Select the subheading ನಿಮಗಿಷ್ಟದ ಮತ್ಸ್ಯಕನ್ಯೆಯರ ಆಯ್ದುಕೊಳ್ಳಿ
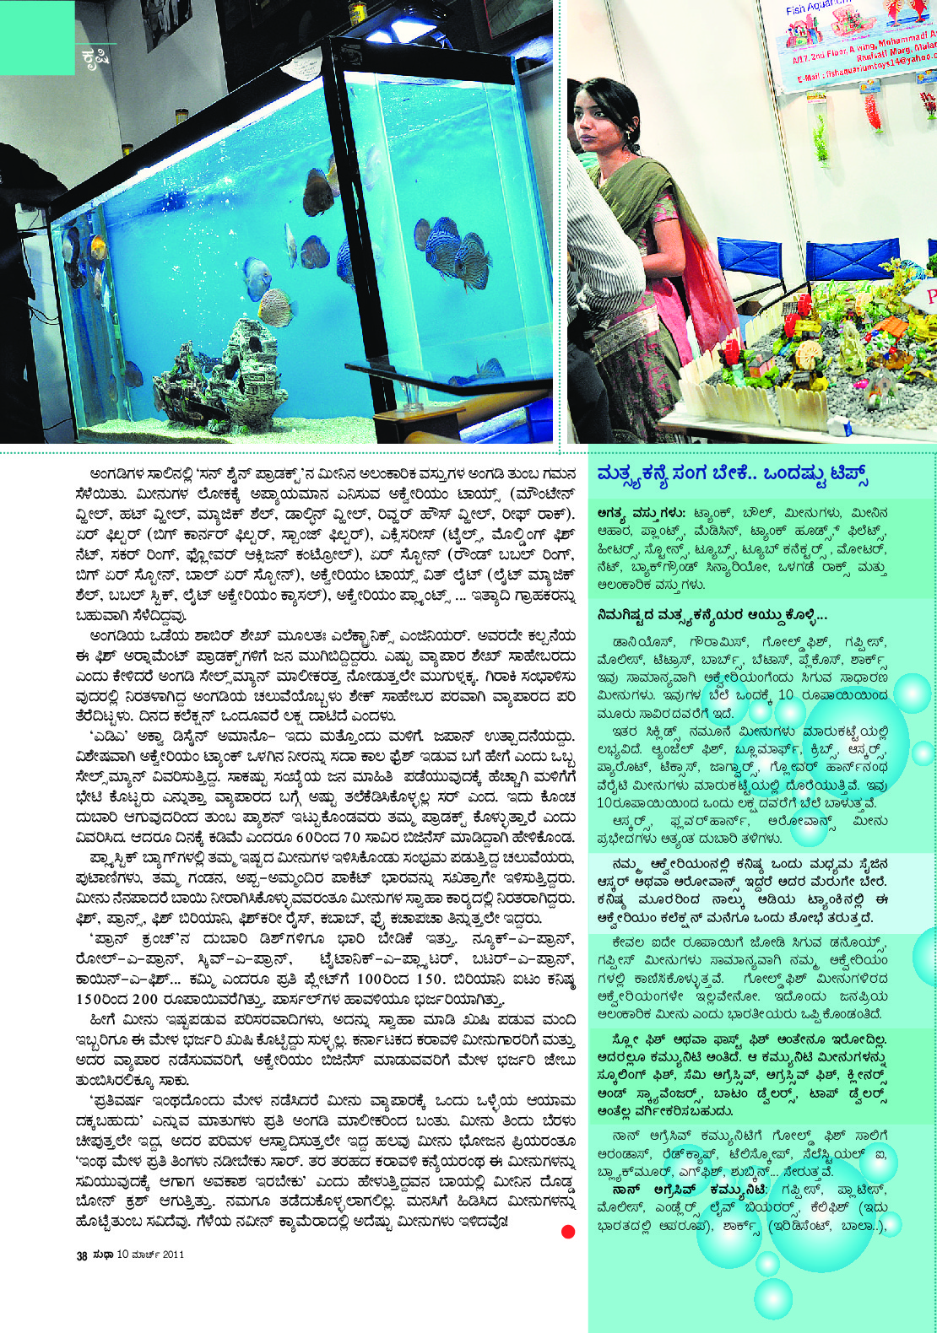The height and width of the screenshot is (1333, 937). tap(712, 615)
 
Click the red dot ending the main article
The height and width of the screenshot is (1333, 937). tap(568, 1232)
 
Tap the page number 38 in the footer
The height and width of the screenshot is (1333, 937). tap(82, 1255)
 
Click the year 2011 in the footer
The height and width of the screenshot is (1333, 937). tap(173, 1255)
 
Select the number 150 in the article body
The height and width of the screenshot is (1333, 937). tap(429, 980)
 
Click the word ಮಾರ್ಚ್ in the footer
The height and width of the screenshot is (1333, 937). tap(144, 1255)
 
